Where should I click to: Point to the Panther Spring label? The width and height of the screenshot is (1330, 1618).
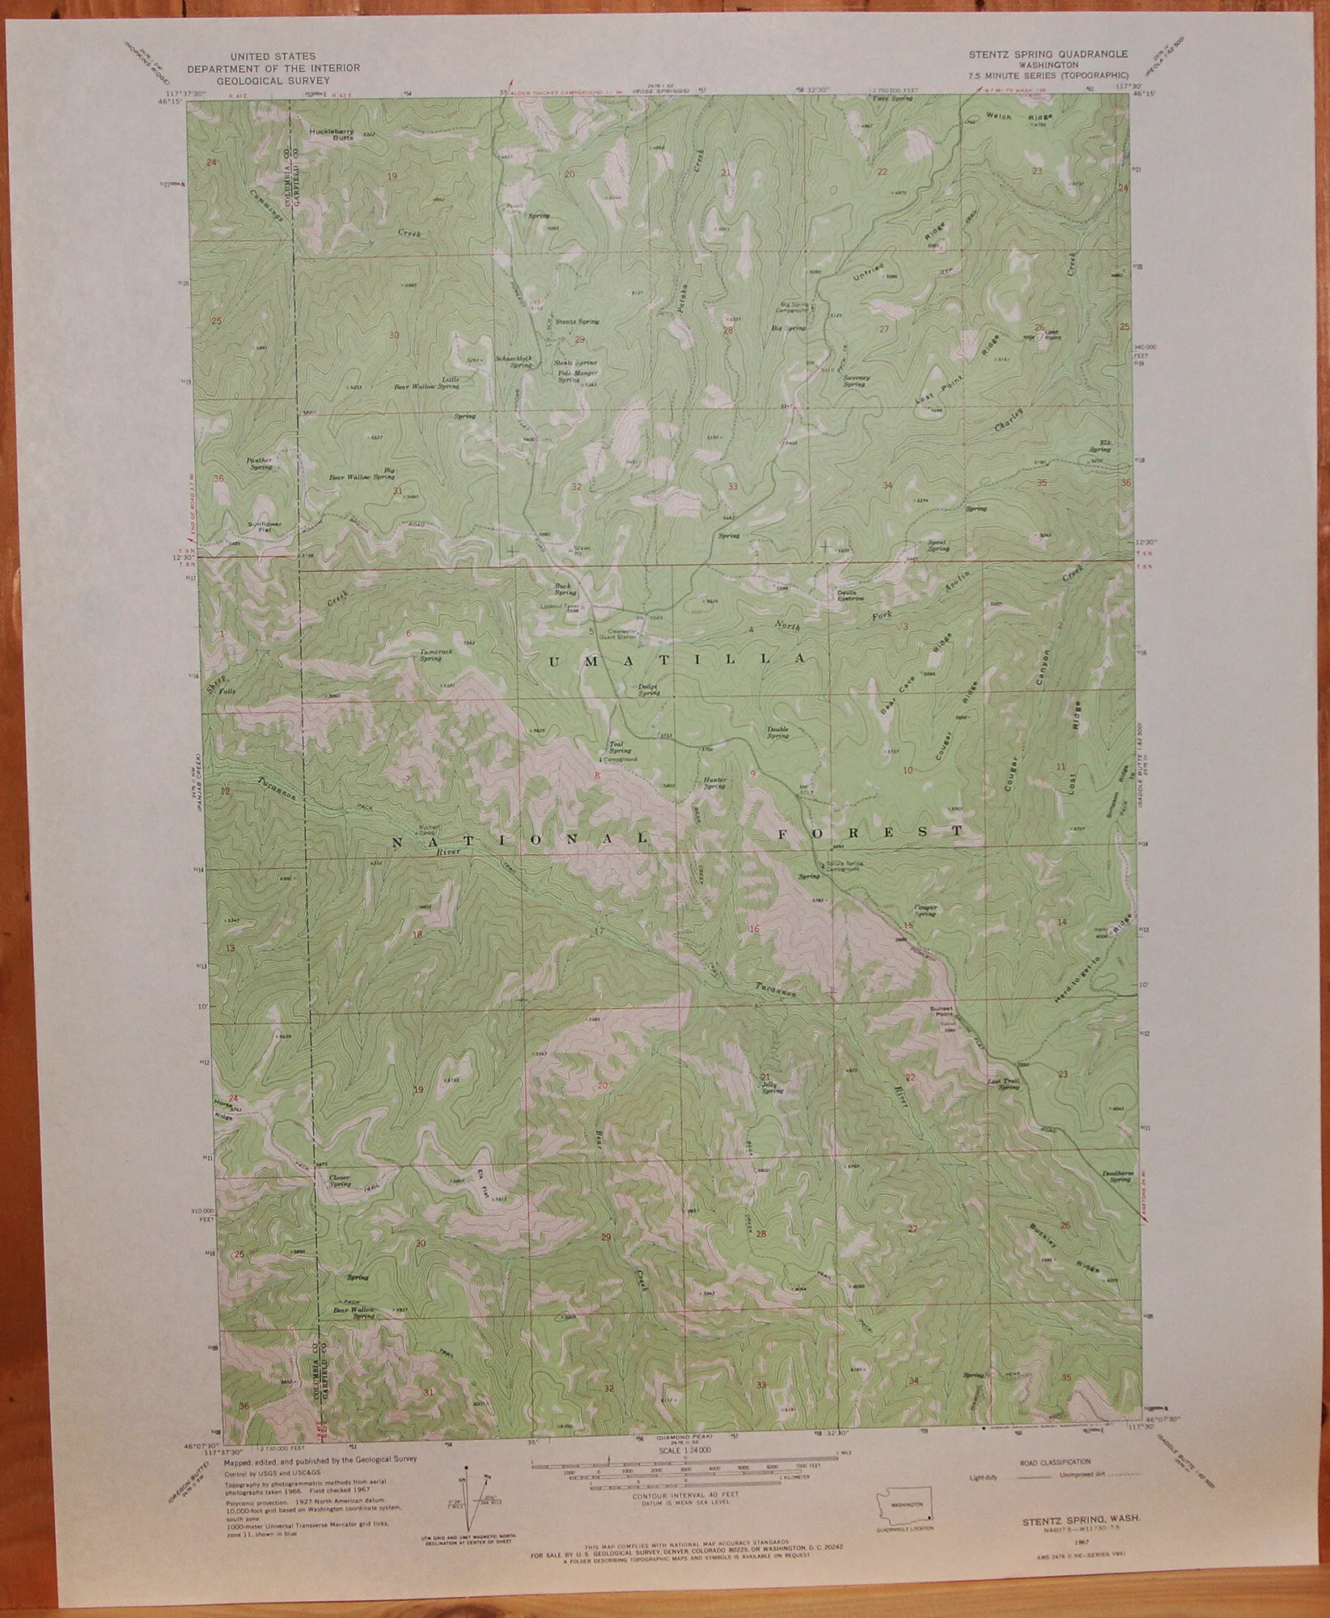(x=260, y=464)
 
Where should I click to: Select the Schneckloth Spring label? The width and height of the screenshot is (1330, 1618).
(x=515, y=361)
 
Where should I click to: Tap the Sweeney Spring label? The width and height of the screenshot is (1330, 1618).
(x=854, y=380)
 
